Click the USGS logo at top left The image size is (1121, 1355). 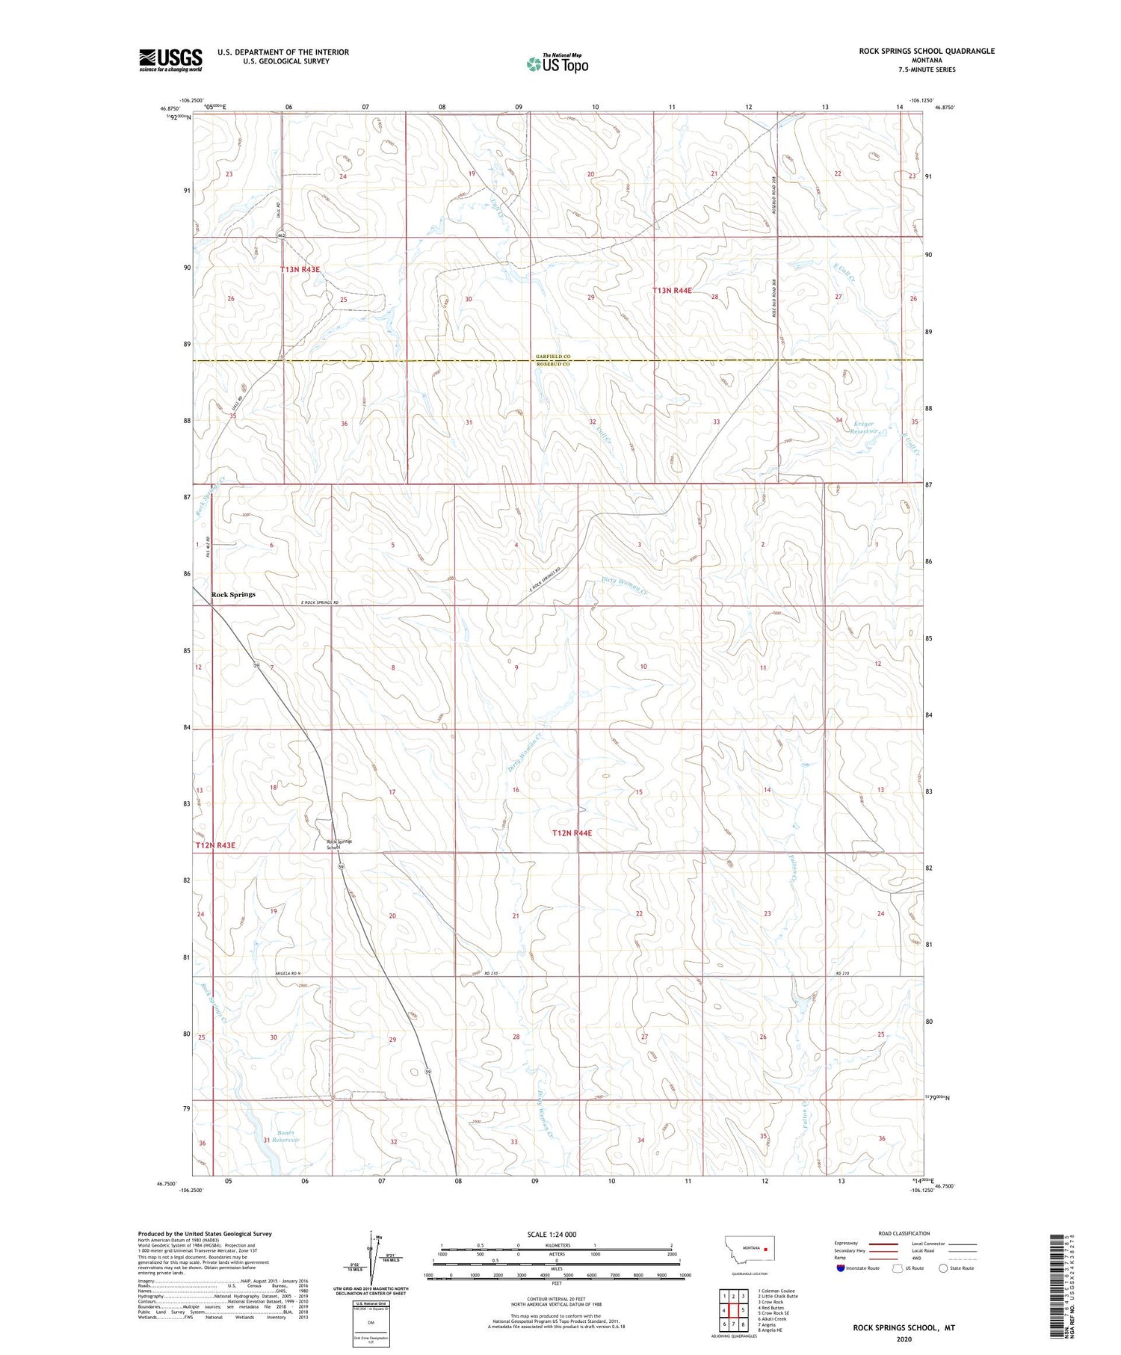(x=170, y=60)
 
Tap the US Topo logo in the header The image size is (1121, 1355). (x=558, y=64)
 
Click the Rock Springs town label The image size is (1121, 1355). (x=233, y=594)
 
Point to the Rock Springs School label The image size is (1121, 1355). (x=339, y=844)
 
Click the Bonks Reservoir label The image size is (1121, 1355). (x=285, y=1136)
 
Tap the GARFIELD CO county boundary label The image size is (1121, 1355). (x=552, y=357)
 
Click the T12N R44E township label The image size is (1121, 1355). (x=572, y=833)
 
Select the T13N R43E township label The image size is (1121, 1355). (x=305, y=269)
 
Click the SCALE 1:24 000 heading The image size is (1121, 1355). (x=556, y=1234)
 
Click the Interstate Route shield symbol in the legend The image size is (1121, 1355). (x=841, y=1268)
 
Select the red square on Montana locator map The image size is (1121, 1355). (x=766, y=1247)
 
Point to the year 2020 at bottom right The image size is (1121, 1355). (x=904, y=1339)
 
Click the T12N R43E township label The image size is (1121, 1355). (x=215, y=845)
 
